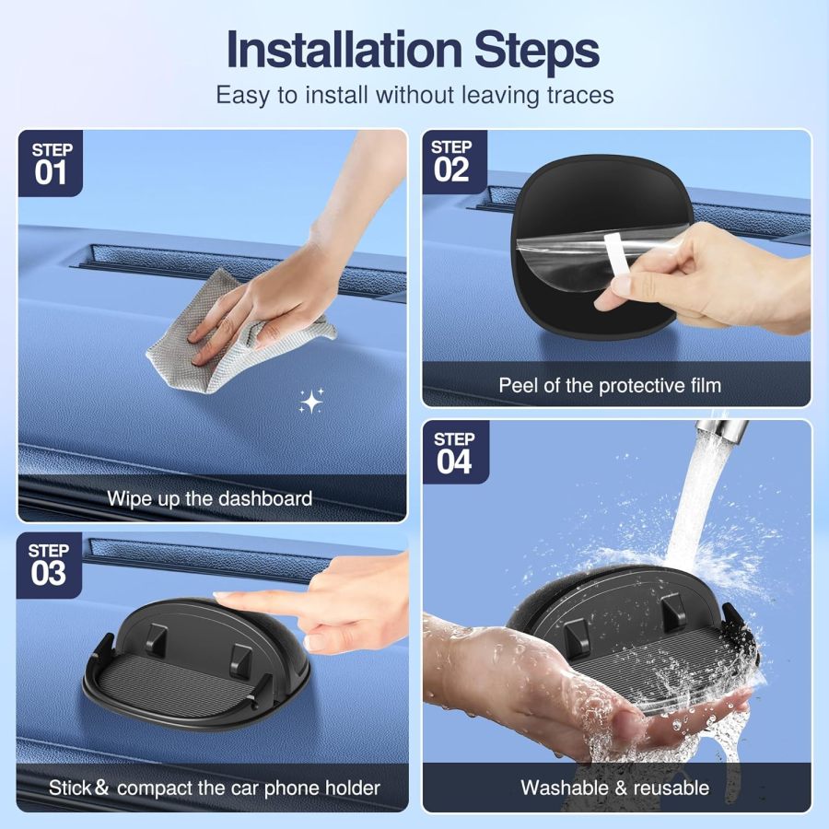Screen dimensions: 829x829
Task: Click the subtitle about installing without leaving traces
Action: point(414,95)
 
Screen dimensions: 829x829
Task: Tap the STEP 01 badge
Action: point(51,163)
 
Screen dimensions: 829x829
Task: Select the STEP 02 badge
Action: point(451,161)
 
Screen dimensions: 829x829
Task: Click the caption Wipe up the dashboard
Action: point(209,498)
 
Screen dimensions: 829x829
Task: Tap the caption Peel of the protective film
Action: point(610,385)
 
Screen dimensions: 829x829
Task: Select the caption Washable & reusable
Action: point(614,788)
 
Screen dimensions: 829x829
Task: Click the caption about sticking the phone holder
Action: point(214,788)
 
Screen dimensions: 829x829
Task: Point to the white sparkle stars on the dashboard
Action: point(310,401)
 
